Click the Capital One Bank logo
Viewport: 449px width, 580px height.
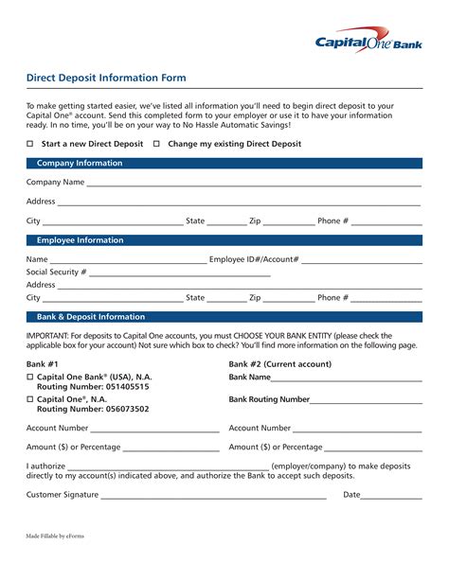coord(368,40)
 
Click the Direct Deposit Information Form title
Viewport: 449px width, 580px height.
coord(106,78)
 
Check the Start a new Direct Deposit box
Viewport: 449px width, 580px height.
coord(30,144)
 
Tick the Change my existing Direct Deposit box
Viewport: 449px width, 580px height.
coord(157,144)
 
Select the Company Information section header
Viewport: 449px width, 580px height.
coord(80,164)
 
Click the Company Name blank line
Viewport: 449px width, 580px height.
coord(254,184)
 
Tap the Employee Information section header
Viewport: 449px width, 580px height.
coord(80,240)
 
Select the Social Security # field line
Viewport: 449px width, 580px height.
coord(180,272)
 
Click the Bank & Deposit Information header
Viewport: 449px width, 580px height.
coord(91,317)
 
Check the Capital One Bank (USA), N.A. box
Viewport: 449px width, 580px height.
coord(30,377)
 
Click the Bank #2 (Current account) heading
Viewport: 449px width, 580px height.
coord(280,363)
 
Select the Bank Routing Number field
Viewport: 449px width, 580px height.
coord(366,400)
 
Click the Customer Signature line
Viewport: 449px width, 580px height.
coord(213,495)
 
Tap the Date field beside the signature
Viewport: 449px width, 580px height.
coord(391,495)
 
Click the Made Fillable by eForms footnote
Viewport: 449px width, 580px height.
coord(55,536)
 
